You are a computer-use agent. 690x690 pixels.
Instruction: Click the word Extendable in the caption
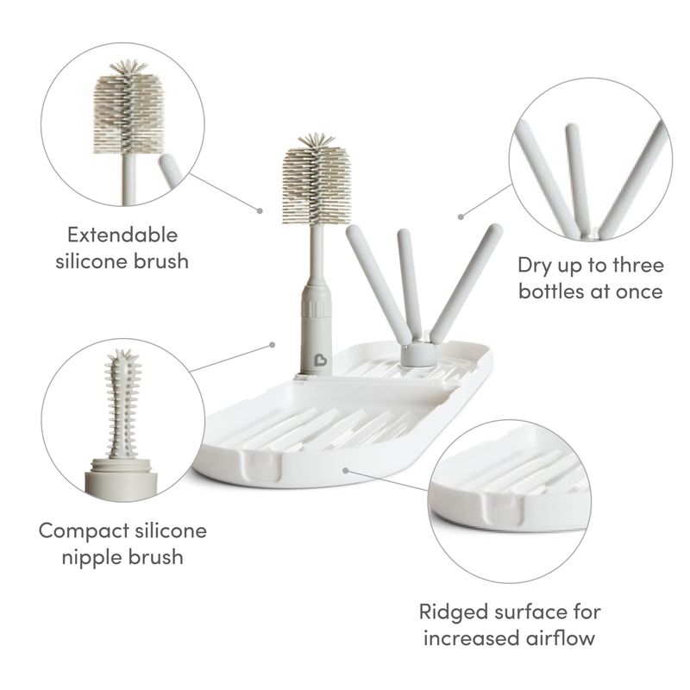point(122,235)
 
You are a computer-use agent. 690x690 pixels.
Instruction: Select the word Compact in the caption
point(84,530)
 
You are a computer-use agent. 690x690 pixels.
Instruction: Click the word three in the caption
point(638,265)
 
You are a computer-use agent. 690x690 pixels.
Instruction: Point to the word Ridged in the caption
point(451,612)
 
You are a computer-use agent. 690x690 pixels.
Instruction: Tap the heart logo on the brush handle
point(320,360)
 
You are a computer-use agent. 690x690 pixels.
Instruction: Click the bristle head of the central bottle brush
point(317,179)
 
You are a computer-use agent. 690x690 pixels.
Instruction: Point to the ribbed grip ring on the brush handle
point(316,304)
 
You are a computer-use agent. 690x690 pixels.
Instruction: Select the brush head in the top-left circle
point(128,109)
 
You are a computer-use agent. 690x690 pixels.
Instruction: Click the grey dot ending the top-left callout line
point(260,211)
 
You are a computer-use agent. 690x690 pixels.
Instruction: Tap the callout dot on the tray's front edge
point(346,471)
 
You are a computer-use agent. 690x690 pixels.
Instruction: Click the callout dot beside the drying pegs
point(461,216)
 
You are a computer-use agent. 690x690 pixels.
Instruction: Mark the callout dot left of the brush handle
point(273,344)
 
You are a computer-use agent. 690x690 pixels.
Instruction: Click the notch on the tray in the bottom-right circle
point(504,506)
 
